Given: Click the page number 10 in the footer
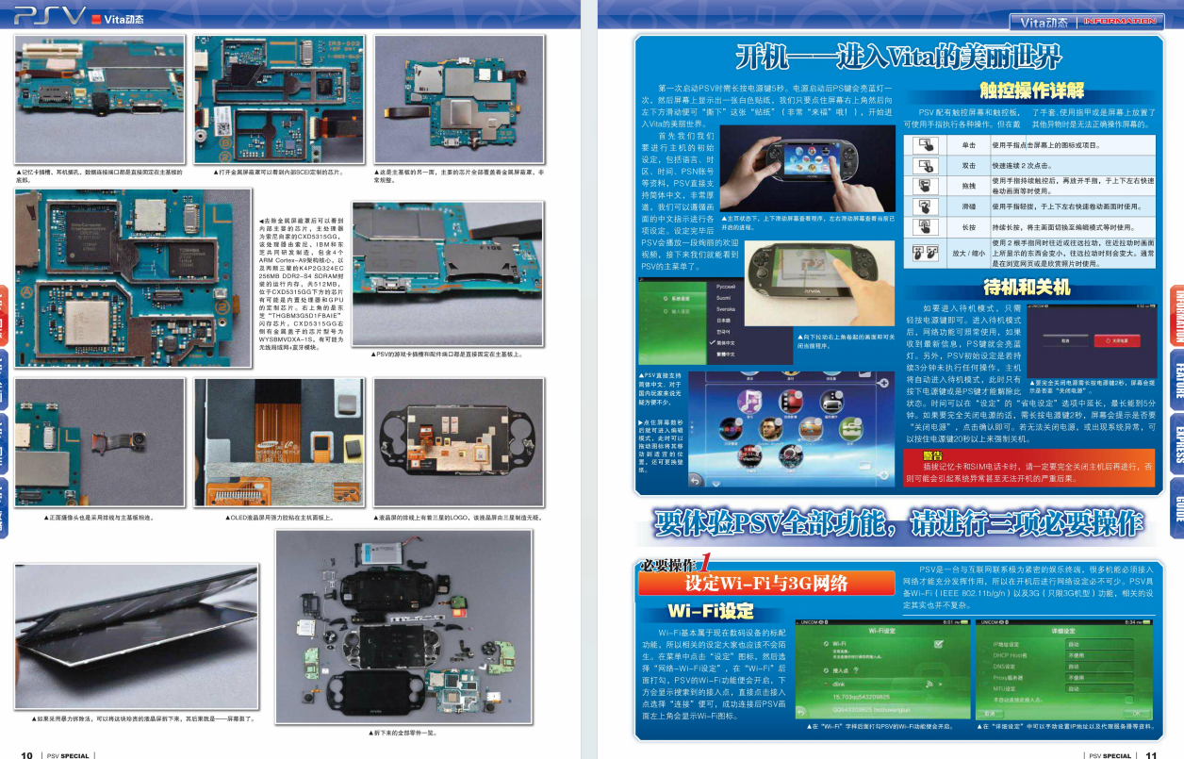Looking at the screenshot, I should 27,754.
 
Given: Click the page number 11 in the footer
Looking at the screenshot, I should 1151,754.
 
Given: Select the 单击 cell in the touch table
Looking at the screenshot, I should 968,146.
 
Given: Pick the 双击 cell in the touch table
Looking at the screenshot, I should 968,165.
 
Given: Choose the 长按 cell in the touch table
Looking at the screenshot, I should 968,227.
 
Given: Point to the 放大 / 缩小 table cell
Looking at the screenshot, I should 968,253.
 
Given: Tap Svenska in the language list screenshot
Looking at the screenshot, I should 727,308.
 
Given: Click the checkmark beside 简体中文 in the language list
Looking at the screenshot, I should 711,342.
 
